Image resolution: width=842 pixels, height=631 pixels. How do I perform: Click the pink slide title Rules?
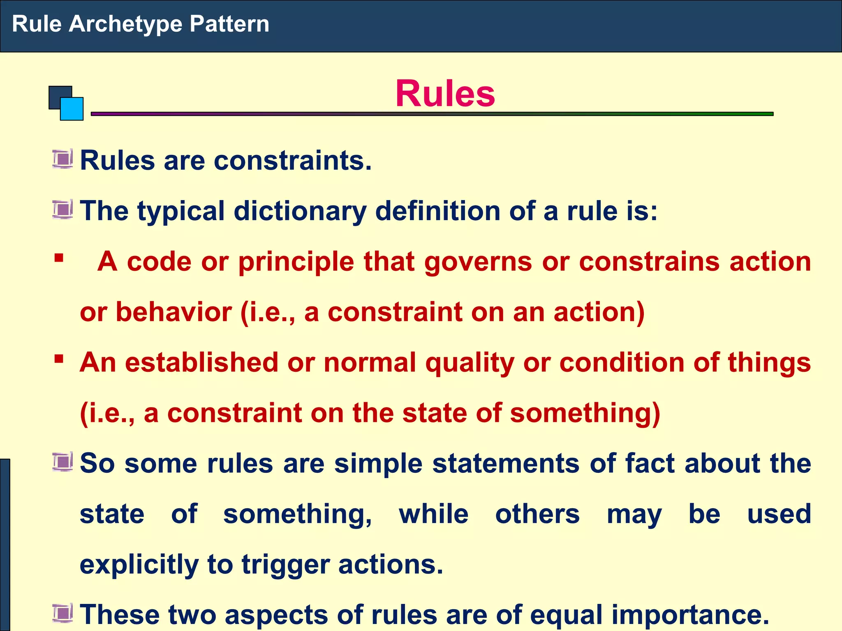445,94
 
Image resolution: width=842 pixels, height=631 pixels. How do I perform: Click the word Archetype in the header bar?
125,24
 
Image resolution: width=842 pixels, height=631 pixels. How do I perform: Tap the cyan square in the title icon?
72,109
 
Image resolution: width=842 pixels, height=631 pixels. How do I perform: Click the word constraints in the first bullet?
292,160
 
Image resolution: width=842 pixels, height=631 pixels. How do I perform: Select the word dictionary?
300,212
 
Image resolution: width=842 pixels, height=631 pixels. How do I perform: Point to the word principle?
296,262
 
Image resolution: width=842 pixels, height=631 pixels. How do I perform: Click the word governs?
478,262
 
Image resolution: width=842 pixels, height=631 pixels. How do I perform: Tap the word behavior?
174,312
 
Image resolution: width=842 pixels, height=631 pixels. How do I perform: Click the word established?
201,363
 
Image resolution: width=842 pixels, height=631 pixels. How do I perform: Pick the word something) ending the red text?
585,413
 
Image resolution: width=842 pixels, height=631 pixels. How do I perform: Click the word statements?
506,464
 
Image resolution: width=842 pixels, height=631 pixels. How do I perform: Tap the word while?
433,514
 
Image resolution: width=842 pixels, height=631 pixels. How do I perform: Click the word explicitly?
139,565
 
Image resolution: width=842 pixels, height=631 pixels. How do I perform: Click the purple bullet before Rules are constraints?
62,159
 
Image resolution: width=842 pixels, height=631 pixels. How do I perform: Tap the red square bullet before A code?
59,258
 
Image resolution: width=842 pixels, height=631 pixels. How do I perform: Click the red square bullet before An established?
59,359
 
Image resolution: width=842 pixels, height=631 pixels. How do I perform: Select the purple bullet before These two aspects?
62,613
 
